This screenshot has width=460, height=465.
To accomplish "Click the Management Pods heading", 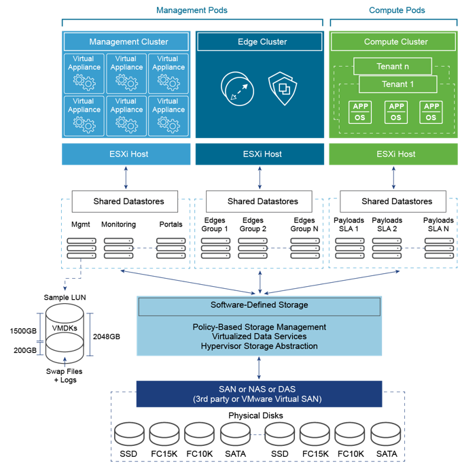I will pyautogui.click(x=192, y=10).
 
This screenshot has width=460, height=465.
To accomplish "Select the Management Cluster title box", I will pyautogui.click(x=128, y=42).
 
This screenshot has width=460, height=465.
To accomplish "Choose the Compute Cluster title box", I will pyautogui.click(x=395, y=42).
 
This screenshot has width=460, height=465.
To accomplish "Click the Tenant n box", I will pyautogui.click(x=393, y=67).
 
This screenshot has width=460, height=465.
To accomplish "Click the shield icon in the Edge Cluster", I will pyautogui.click(x=282, y=88).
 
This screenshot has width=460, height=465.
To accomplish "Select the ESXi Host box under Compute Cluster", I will pyautogui.click(x=395, y=154).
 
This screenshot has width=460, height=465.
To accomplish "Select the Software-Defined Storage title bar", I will pyautogui.click(x=259, y=305).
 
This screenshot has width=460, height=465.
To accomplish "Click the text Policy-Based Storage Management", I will pyautogui.click(x=259, y=327).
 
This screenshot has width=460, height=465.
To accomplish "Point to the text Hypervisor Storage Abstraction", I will pyautogui.click(x=259, y=346).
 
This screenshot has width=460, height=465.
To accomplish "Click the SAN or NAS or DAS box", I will pyautogui.click(x=259, y=394).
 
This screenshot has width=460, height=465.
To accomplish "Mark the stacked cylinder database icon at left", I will pyautogui.click(x=65, y=333).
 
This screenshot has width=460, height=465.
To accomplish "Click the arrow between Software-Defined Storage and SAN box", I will pyautogui.click(x=259, y=368).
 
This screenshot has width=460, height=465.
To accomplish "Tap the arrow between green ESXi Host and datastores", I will pyautogui.click(x=393, y=178).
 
